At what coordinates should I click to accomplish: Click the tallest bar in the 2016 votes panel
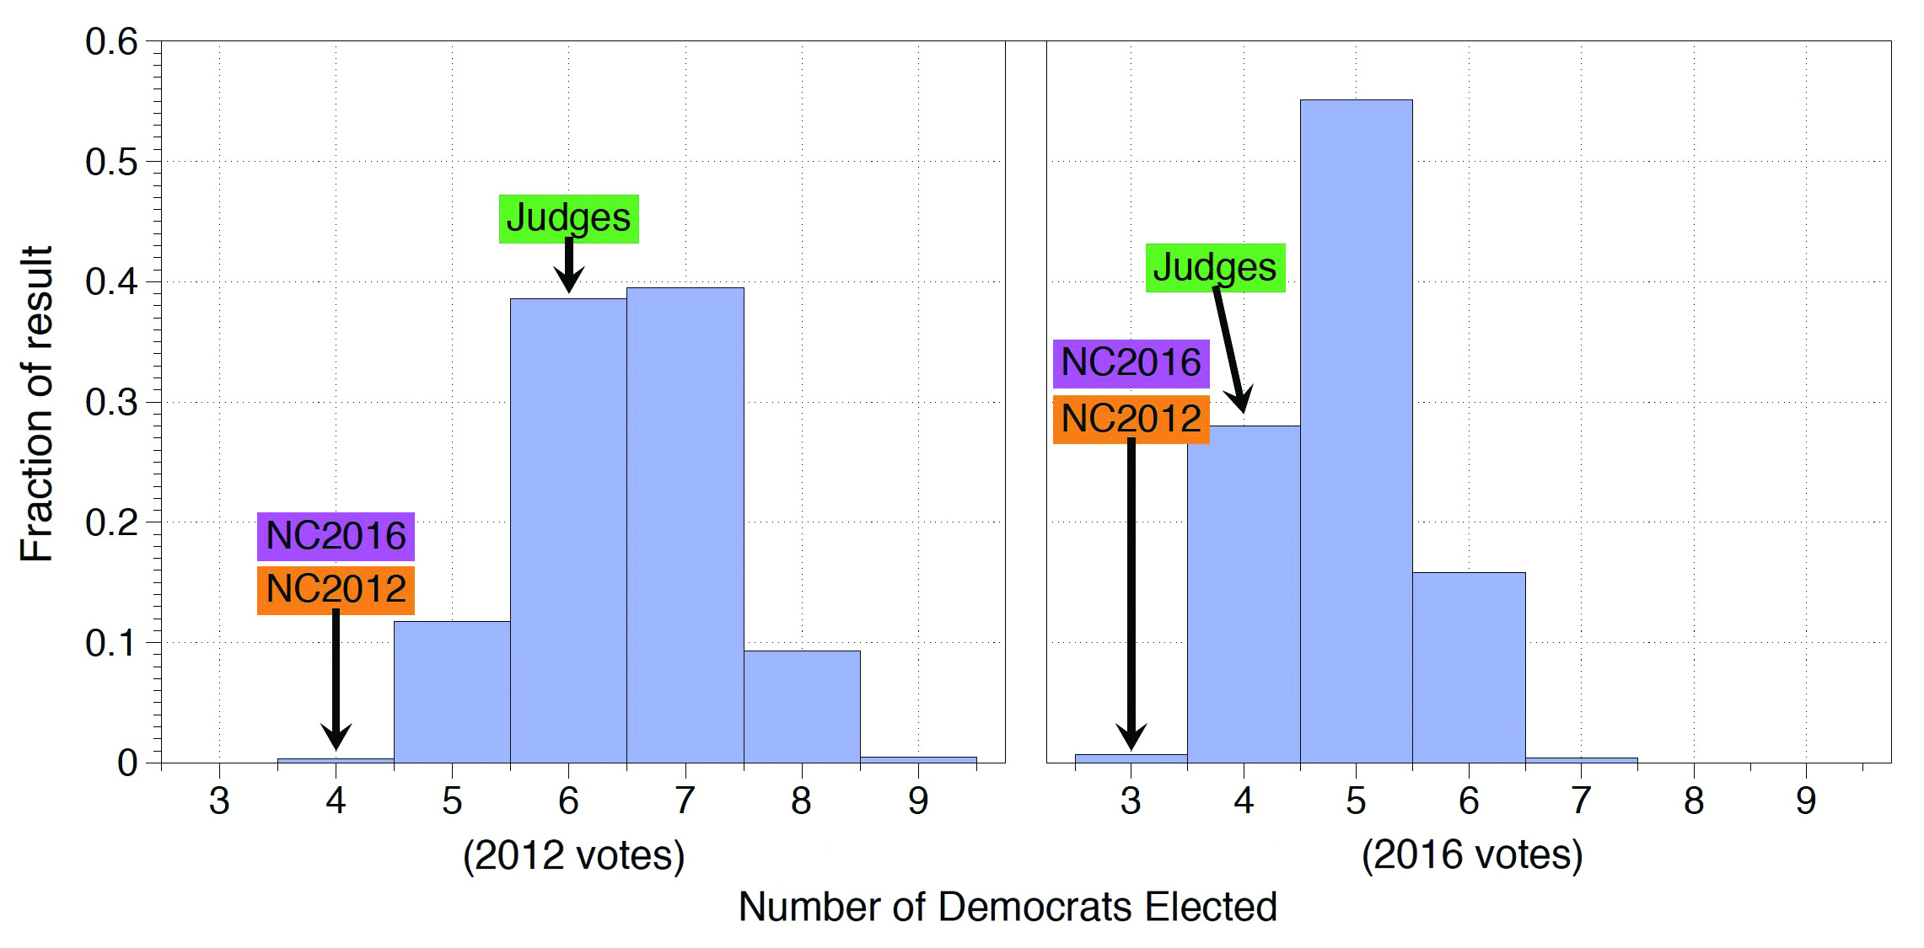(1356, 430)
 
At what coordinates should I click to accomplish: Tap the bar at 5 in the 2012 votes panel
(452, 692)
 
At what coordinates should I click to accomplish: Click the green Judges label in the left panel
(568, 218)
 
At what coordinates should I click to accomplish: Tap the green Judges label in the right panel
(1215, 267)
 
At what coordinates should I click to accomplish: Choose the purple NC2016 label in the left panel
(336, 536)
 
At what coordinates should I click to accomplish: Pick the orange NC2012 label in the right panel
(1131, 419)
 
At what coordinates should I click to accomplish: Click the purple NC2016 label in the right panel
(1131, 363)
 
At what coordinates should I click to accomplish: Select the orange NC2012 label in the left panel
(336, 589)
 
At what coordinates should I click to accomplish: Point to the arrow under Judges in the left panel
(569, 265)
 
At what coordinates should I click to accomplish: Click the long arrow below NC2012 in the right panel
(1131, 590)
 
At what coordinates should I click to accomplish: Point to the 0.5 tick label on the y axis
(111, 162)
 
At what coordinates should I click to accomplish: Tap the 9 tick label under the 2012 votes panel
(918, 801)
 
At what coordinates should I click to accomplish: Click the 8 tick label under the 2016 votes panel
(1694, 801)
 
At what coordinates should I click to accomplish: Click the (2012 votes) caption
(573, 855)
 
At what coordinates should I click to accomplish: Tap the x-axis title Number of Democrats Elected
(1008, 907)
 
